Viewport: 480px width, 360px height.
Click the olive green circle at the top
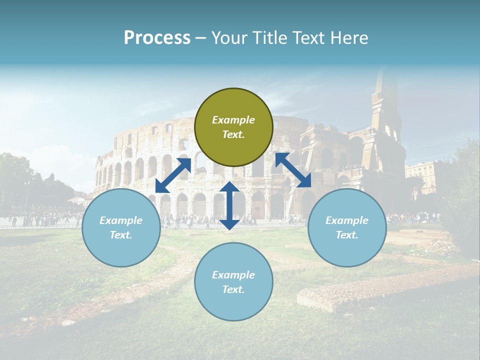pyautogui.click(x=233, y=127)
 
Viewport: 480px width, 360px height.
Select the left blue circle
pyautogui.click(x=121, y=227)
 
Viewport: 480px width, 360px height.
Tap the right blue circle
pyautogui.click(x=347, y=227)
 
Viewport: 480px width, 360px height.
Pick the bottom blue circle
pyautogui.click(x=233, y=282)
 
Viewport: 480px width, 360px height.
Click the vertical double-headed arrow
pyautogui.click(x=229, y=205)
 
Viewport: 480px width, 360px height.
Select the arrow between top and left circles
pyautogui.click(x=173, y=175)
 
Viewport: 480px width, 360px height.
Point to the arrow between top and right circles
pyautogui.click(x=293, y=170)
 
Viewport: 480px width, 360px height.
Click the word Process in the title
pyautogui.click(x=157, y=38)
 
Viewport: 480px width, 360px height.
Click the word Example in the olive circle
pyautogui.click(x=233, y=120)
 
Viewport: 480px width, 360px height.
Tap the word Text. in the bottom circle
pyautogui.click(x=233, y=289)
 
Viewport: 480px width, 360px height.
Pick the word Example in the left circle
pyautogui.click(x=121, y=220)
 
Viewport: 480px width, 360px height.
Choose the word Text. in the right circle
pyautogui.click(x=347, y=235)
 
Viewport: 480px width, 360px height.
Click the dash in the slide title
pyautogui.click(x=201, y=38)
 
